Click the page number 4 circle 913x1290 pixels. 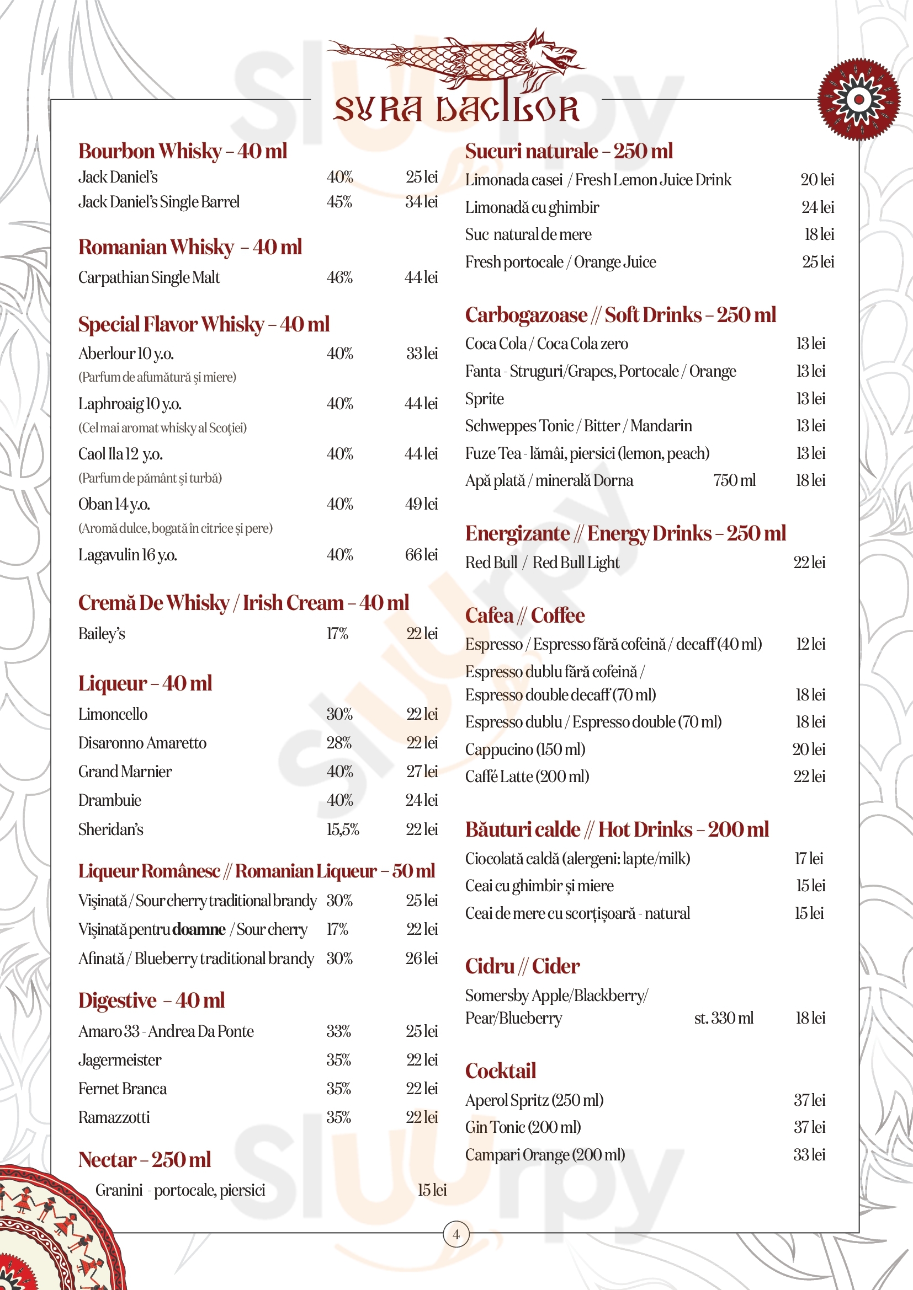click(456, 1234)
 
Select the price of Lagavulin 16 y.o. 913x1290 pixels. click(421, 554)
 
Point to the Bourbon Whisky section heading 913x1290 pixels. click(183, 151)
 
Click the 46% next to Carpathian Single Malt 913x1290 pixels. click(339, 277)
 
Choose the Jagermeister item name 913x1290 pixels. click(120, 1059)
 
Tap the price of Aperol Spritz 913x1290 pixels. click(809, 1100)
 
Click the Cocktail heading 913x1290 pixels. click(500, 1070)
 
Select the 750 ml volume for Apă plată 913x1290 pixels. click(734, 480)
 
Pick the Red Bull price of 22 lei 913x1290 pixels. click(809, 563)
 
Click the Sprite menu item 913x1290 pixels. click(484, 398)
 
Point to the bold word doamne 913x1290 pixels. click(199, 929)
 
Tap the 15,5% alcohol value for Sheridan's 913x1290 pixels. click(342, 829)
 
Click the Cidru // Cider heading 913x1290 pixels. click(522, 966)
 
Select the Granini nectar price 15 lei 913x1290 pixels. click(432, 1190)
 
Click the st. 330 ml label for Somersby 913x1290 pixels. click(724, 1018)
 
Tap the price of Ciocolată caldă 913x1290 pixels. click(809, 858)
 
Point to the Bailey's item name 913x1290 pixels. click(102, 634)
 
